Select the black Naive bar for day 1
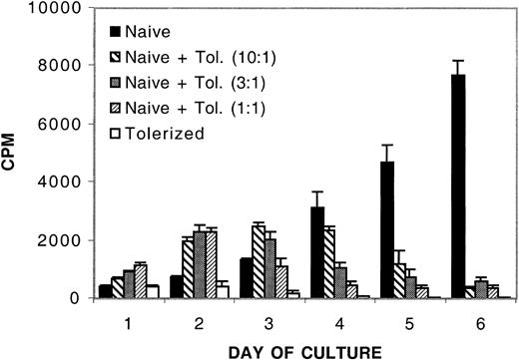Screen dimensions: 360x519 point(105,291)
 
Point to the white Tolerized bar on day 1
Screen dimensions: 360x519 point(153,291)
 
